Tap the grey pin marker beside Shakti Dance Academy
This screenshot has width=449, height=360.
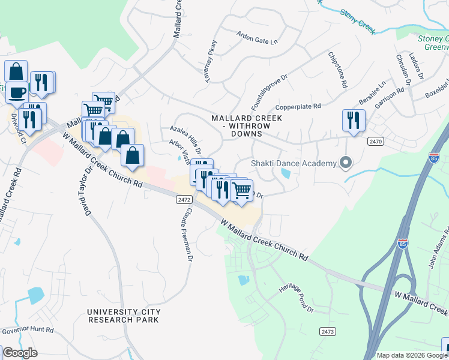point(345,162)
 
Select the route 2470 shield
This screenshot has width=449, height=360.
point(376,140)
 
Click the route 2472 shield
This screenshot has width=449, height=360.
point(184,199)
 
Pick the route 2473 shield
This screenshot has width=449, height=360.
point(327,331)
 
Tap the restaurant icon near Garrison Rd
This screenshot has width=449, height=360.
point(354,120)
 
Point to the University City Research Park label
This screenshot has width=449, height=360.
point(124,316)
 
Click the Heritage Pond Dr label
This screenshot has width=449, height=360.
point(296,298)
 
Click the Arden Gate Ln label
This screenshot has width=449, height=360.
point(258,38)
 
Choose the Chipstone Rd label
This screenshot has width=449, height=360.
point(337,70)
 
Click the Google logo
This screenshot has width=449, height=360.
point(20,353)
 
